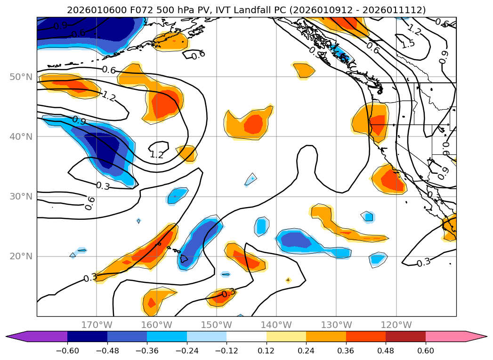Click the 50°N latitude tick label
(21, 77)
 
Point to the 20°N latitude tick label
(21, 256)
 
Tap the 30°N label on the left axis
(21, 196)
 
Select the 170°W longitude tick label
(97, 325)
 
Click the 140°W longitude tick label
(276, 325)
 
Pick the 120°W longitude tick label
(396, 325)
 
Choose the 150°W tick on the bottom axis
(217, 325)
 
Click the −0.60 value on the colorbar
(67, 352)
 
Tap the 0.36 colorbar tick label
(346, 352)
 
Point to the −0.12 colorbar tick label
(226, 352)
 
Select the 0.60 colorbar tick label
(425, 352)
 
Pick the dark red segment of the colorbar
(405, 336)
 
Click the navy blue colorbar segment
(87, 336)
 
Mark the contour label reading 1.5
(408, 43)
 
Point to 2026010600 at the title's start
(91, 10)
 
